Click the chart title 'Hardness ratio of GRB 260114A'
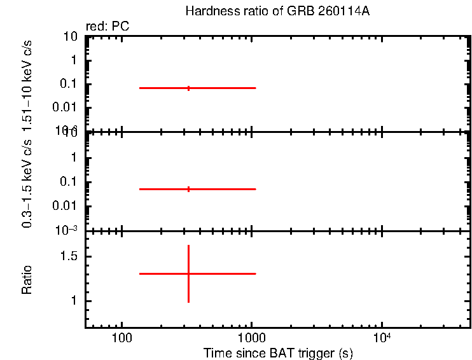(x=276, y=11)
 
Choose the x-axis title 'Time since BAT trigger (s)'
(x=278, y=352)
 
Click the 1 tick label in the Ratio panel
(x=74, y=301)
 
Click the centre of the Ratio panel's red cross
(x=188, y=273)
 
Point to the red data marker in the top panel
(x=188, y=88)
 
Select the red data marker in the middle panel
(x=188, y=189)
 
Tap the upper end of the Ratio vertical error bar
(x=188, y=246)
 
